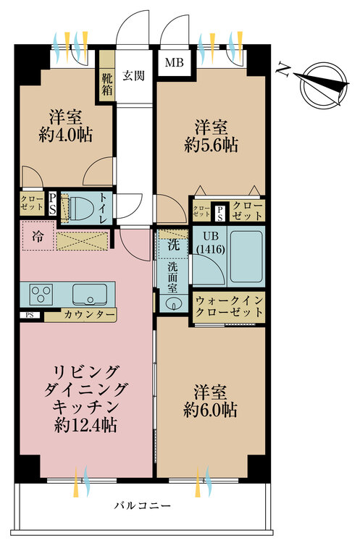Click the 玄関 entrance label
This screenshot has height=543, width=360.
(x=133, y=75)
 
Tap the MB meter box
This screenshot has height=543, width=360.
(x=175, y=63)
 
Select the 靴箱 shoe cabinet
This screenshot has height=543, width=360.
(x=107, y=76)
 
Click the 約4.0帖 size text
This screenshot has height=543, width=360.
(x=66, y=135)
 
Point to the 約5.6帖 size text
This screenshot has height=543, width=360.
(x=211, y=145)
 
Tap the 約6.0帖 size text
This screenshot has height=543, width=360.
(x=210, y=410)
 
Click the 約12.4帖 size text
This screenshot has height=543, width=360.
(x=85, y=425)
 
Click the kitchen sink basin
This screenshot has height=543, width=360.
(x=89, y=294)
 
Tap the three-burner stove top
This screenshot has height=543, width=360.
(x=41, y=294)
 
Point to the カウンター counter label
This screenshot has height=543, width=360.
(x=89, y=315)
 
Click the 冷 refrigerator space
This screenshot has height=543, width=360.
(x=38, y=236)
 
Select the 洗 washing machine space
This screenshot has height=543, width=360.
(x=173, y=245)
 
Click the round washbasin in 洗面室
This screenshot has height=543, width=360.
(x=172, y=304)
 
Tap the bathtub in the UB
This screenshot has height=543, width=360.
(x=246, y=256)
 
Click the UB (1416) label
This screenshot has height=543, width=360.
(x=211, y=243)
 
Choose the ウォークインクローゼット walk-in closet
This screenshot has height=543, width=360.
(x=229, y=306)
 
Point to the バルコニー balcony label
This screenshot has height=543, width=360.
(x=143, y=506)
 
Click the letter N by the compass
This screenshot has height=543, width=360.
(x=283, y=71)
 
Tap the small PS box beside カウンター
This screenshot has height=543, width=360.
(x=30, y=315)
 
